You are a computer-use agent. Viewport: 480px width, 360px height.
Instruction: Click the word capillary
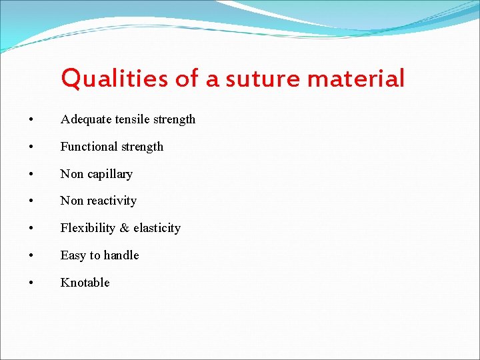(109, 175)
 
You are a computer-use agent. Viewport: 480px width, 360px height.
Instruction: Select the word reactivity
(112, 201)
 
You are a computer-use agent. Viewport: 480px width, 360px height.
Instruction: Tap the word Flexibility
(87, 229)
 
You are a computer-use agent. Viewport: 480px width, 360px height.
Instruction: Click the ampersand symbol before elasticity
(124, 229)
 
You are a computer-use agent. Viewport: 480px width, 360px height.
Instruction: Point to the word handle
(121, 255)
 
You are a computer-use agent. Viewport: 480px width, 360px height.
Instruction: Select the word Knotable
(85, 283)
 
